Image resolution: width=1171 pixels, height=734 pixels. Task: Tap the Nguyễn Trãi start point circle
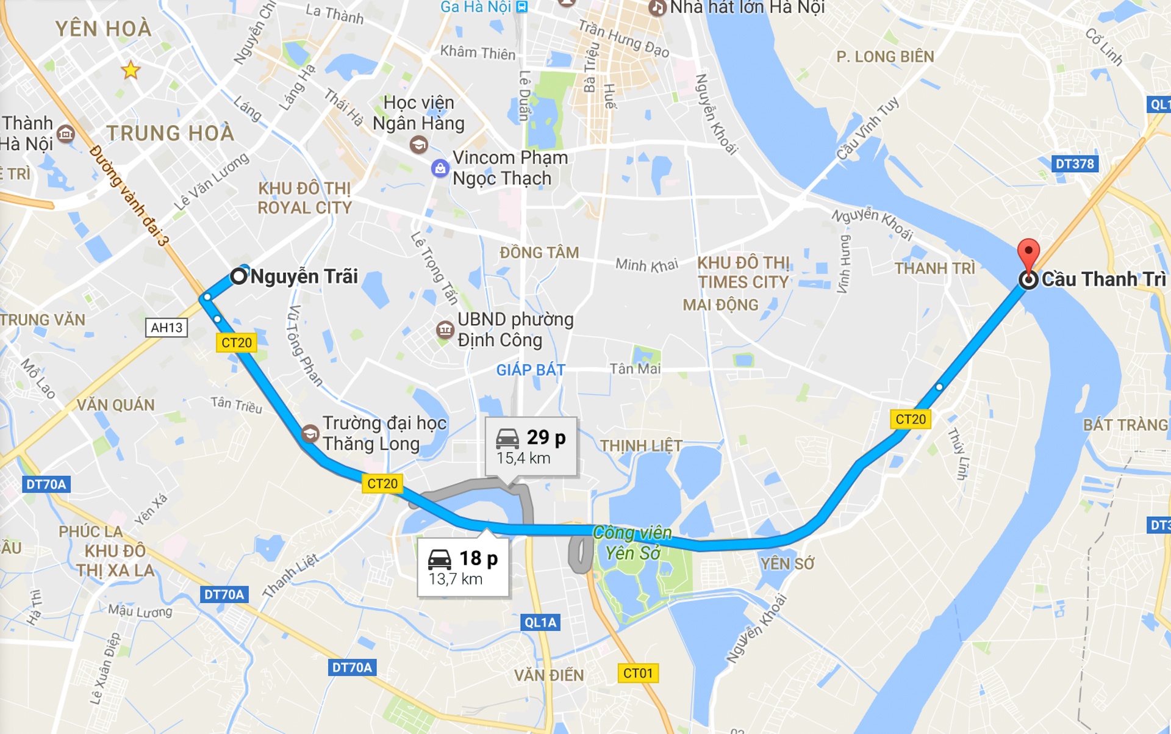tap(238, 276)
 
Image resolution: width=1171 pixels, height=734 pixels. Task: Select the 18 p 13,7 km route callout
tap(463, 567)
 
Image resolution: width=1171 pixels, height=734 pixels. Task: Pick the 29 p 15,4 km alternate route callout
tap(531, 447)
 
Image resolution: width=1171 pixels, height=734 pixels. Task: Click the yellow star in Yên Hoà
tap(131, 70)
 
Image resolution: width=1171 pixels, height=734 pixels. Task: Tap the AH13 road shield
tap(167, 328)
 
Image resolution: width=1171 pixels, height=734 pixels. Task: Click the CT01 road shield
tap(638, 673)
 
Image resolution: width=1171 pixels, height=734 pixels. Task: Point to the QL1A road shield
tap(540, 622)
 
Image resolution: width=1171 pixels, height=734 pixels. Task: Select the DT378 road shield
tap(1075, 164)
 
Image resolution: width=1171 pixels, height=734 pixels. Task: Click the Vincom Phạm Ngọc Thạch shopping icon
tap(440, 168)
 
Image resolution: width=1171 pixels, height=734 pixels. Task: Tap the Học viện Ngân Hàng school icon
tap(418, 145)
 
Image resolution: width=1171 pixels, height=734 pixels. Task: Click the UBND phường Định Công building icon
tap(445, 330)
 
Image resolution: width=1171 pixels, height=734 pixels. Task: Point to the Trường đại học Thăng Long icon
tap(310, 434)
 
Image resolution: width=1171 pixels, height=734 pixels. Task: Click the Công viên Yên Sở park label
tap(632, 542)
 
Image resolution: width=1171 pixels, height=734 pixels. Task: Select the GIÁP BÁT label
tap(531, 370)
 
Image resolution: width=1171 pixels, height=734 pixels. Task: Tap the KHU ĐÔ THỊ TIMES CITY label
tap(743, 272)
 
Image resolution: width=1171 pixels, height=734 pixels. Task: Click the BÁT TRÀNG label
tap(1125, 425)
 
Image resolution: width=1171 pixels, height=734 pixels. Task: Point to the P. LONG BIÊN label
tap(885, 57)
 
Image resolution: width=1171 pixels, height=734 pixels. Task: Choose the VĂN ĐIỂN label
tap(549, 675)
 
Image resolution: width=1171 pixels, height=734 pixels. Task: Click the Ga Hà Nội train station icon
tap(521, 7)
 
